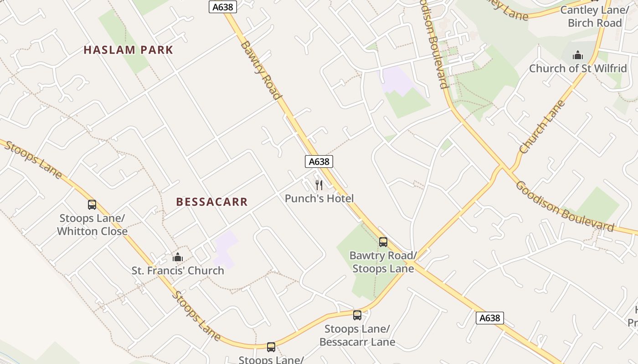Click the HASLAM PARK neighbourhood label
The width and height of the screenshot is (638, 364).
pos(129,50)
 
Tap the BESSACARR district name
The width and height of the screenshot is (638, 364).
pos(212,202)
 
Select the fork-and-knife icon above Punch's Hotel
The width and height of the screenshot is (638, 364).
pos(319,185)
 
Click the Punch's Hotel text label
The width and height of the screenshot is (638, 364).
pos(319,198)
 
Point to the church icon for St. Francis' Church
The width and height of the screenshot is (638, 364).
pos(178,258)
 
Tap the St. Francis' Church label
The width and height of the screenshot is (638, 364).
pos(178,271)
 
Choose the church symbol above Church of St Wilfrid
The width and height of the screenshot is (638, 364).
pos(578,56)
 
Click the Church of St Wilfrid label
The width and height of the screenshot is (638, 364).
pos(578,69)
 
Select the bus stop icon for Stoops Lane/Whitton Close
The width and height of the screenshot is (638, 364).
pos(92,205)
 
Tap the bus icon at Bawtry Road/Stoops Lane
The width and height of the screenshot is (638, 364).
pos(383,242)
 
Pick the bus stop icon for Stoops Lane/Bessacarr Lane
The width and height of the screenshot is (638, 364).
pos(357,315)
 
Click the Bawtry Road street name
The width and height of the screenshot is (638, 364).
pos(261,70)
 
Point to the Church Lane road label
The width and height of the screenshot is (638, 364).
pos(542,126)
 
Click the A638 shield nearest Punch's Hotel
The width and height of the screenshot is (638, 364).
pos(319,162)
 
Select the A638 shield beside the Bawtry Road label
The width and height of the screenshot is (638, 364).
pos(223,7)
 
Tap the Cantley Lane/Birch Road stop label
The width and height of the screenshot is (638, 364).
pos(594,16)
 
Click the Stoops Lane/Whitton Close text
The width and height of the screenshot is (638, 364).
pos(92,225)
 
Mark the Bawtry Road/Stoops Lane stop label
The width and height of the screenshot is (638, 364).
pos(383,262)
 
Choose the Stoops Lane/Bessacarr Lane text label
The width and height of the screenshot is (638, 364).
pos(357,335)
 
